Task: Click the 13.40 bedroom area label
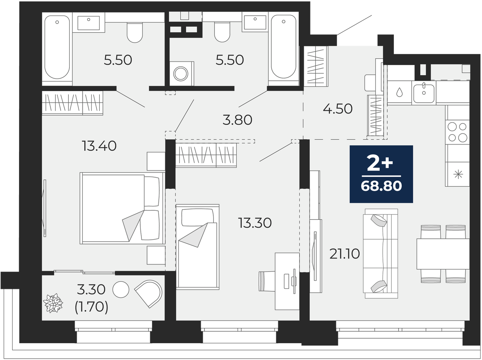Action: [x=99, y=146]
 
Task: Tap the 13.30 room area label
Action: [x=255, y=223]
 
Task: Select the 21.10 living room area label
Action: [x=345, y=254]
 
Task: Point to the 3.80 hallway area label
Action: [x=237, y=120]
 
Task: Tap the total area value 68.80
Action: [x=381, y=186]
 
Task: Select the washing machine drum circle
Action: [x=181, y=73]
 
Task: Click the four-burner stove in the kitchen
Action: [x=457, y=132]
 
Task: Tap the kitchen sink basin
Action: [x=424, y=94]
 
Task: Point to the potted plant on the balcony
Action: [x=53, y=303]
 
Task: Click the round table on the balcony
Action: [x=121, y=290]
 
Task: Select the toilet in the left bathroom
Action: [x=135, y=33]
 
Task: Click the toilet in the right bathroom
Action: [x=222, y=32]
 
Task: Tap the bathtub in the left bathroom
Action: [x=57, y=47]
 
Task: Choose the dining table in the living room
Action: [x=443, y=254]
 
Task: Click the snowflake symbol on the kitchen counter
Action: [x=458, y=174]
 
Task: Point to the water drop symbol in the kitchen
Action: [x=399, y=92]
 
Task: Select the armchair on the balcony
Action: [x=148, y=294]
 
